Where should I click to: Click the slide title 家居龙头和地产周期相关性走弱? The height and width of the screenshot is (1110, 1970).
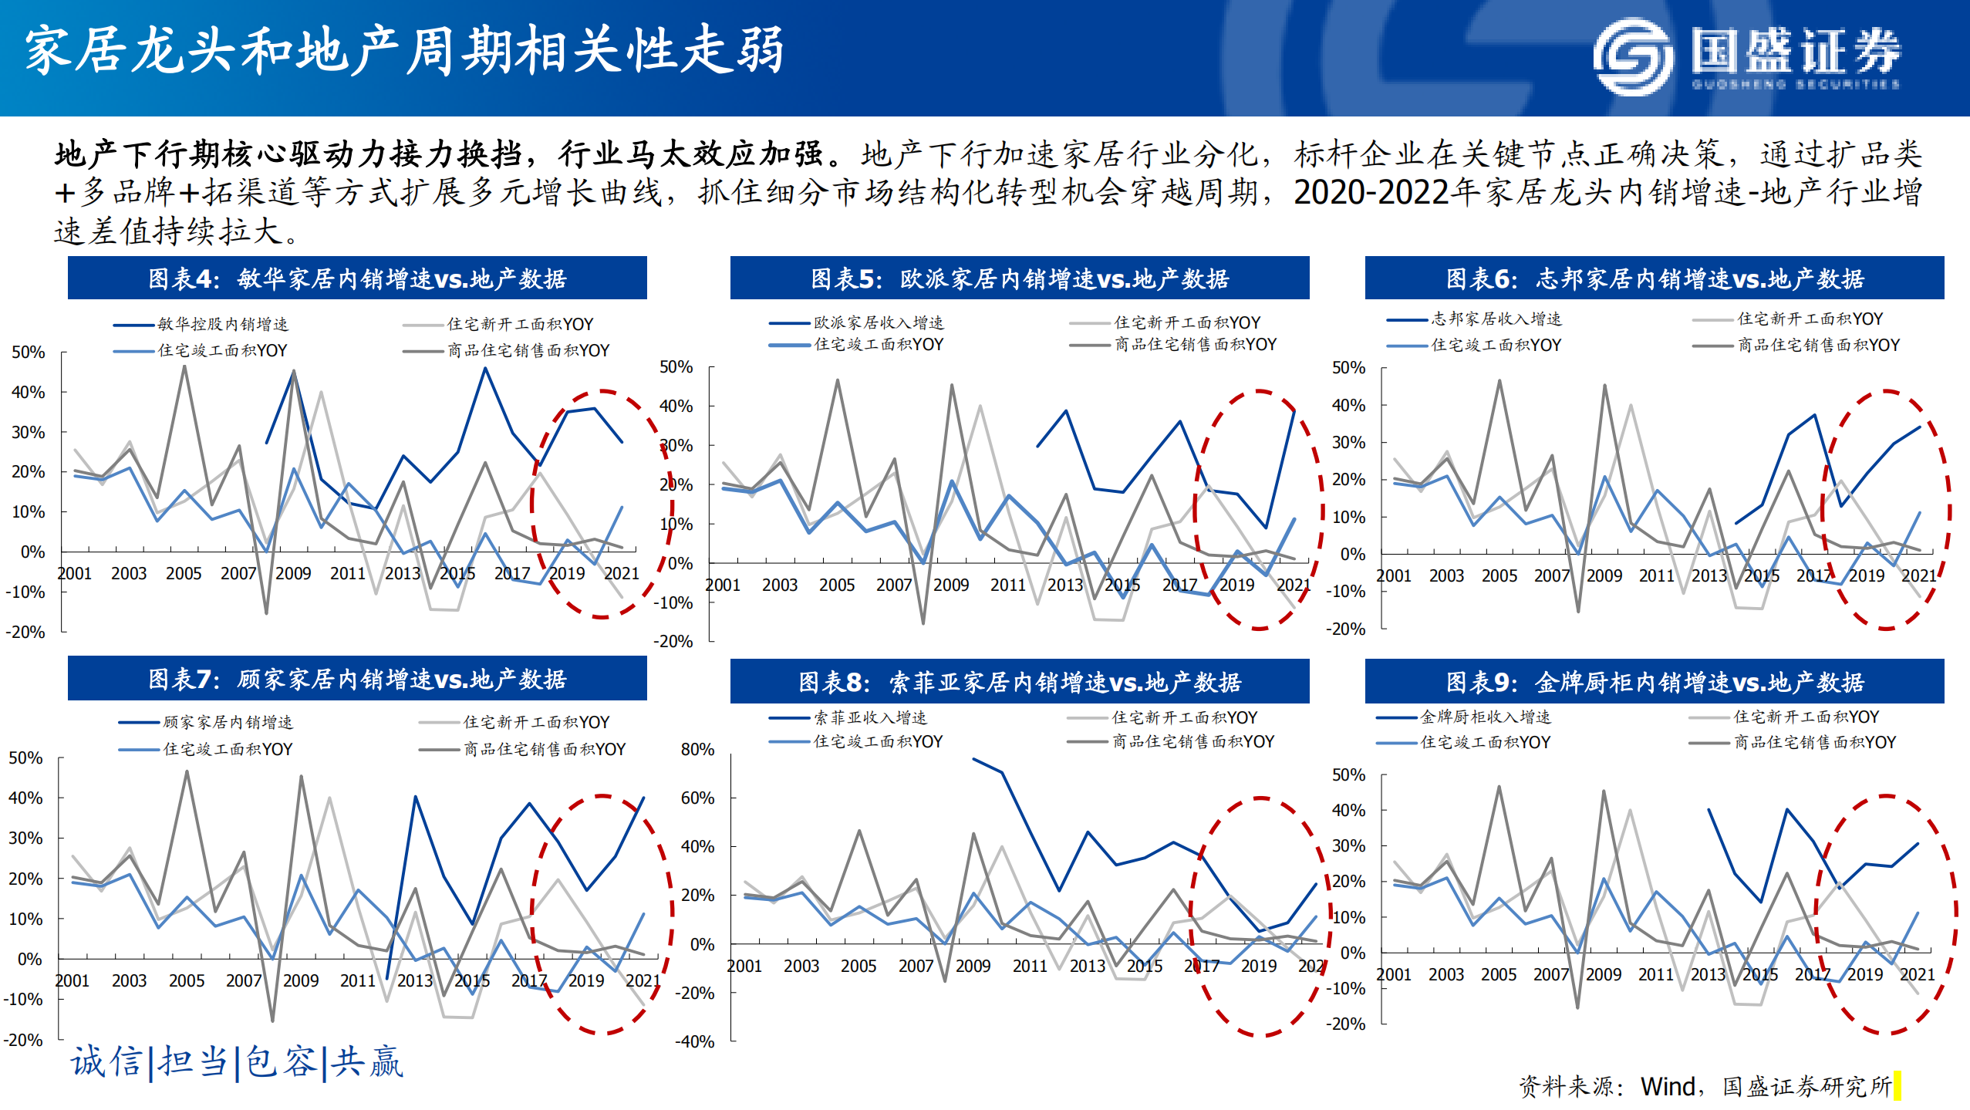[404, 51]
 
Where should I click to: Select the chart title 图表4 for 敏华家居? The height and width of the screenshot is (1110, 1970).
[357, 278]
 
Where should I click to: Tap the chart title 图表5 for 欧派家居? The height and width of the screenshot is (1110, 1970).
[1019, 278]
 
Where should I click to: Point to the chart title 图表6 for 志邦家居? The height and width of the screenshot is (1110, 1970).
[1654, 278]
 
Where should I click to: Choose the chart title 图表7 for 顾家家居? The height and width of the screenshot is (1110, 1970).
[357, 679]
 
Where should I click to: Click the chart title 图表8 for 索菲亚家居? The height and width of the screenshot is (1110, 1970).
[1019, 682]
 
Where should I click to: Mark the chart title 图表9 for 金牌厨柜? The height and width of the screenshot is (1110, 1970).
[1654, 682]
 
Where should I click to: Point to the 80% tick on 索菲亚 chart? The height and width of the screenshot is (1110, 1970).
[697, 749]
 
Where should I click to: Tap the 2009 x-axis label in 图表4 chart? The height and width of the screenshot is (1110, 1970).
[292, 573]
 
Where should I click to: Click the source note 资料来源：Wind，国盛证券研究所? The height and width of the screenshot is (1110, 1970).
[1705, 1086]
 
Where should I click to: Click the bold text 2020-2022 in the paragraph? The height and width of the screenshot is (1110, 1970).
[1371, 193]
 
